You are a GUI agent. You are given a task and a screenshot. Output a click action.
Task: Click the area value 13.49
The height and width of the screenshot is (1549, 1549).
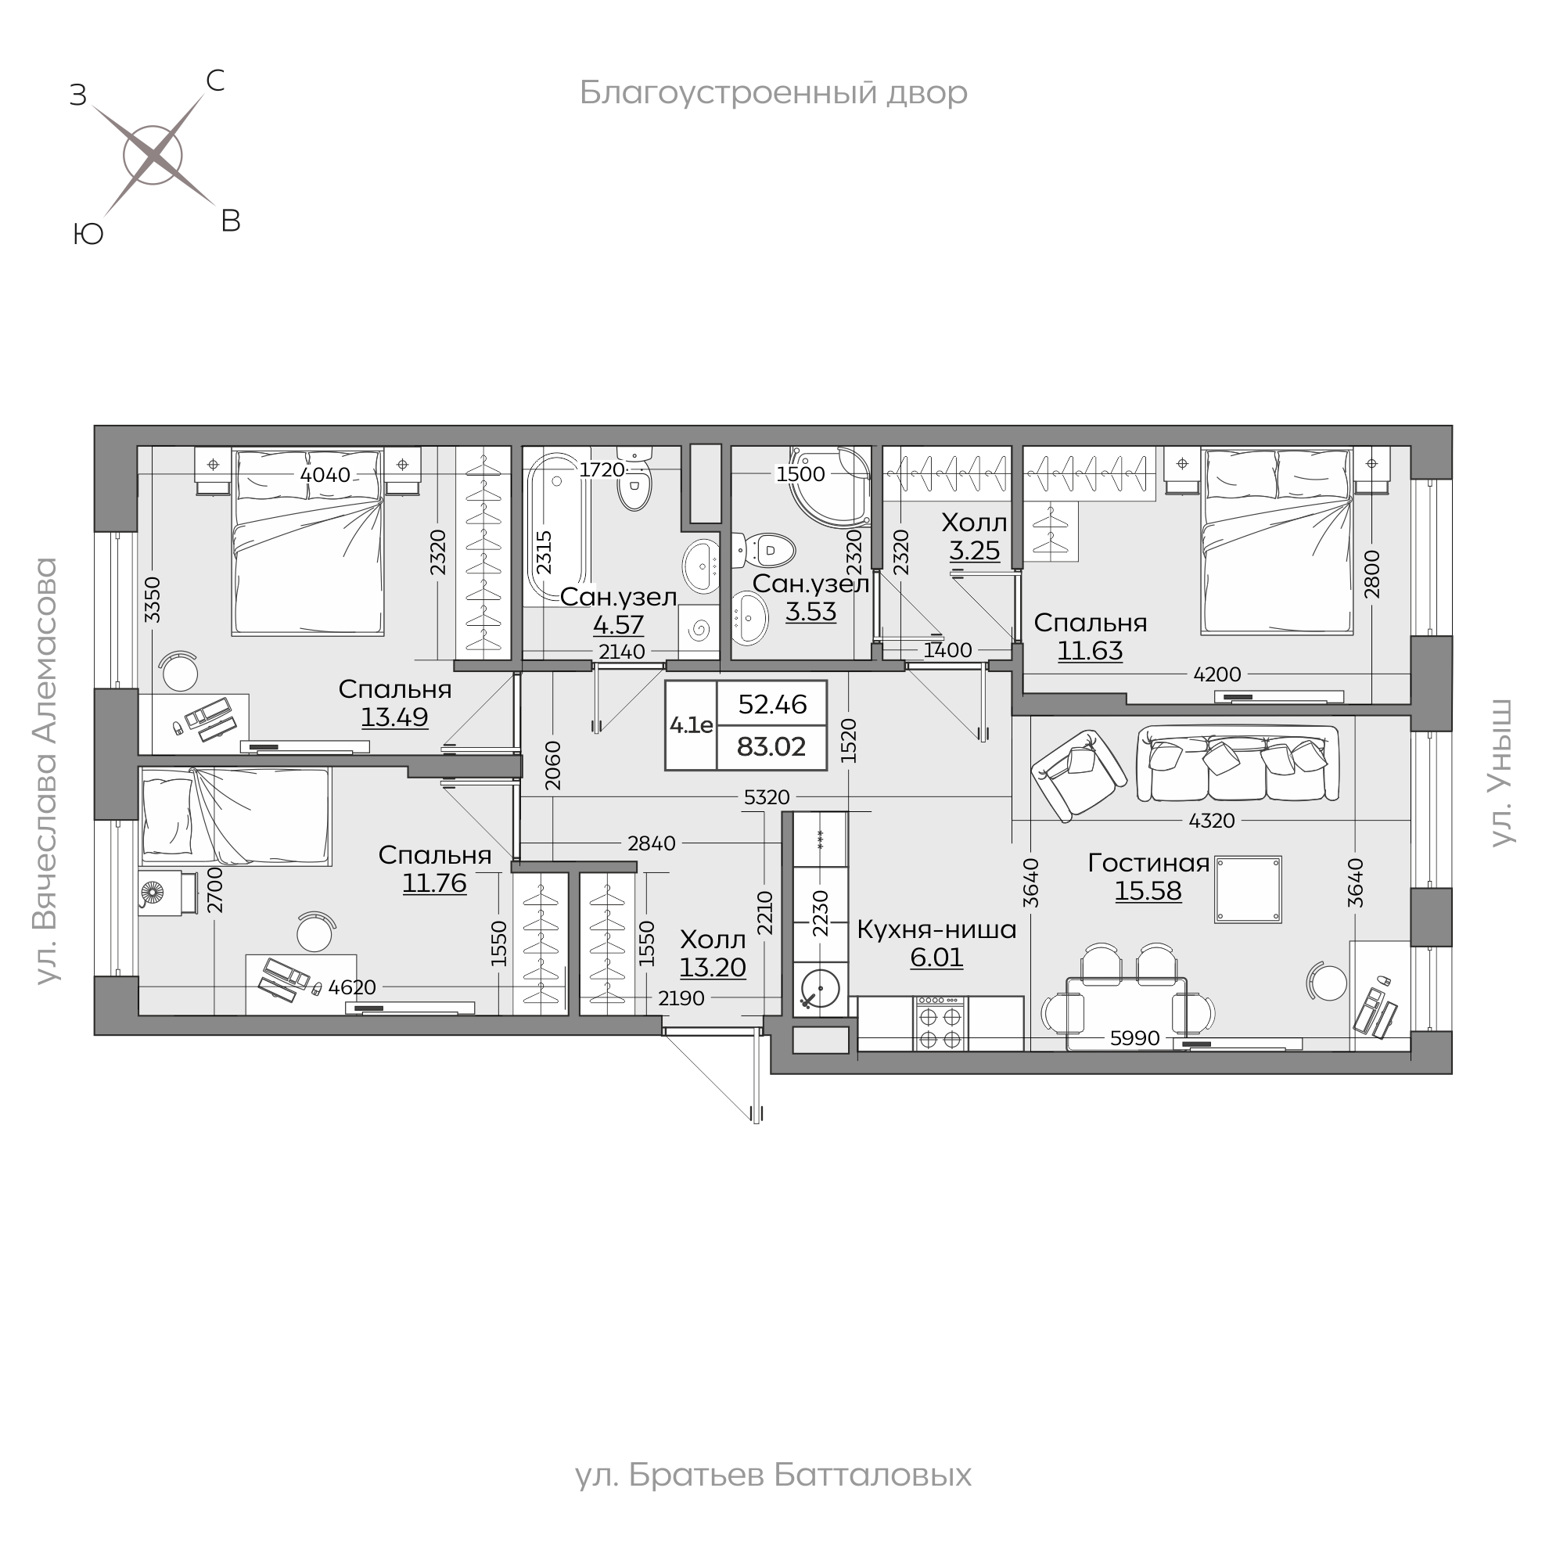pyautogui.click(x=394, y=717)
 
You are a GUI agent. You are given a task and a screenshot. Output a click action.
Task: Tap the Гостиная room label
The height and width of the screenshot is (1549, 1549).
pyautogui.click(x=1148, y=863)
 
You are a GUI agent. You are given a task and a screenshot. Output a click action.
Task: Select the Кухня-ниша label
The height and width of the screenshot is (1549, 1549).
pyautogui.click(x=936, y=929)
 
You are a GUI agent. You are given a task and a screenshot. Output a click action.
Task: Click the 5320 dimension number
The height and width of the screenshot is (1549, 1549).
pyautogui.click(x=767, y=797)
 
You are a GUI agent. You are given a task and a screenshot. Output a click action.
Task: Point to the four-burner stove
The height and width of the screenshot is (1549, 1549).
pyautogui.click(x=940, y=1023)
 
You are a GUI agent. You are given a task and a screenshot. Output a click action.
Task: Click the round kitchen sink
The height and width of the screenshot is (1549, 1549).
pyautogui.click(x=820, y=990)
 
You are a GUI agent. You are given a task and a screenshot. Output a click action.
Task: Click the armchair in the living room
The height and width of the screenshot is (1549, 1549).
pyautogui.click(x=1078, y=774)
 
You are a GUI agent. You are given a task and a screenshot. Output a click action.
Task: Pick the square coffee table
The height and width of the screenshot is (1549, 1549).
pyautogui.click(x=1248, y=890)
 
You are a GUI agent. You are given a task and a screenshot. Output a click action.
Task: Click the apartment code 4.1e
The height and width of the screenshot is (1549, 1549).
pyautogui.click(x=691, y=725)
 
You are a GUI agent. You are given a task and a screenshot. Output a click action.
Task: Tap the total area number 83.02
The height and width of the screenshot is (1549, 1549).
pyautogui.click(x=771, y=746)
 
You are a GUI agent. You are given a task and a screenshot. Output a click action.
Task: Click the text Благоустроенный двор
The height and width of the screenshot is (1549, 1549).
pyautogui.click(x=774, y=93)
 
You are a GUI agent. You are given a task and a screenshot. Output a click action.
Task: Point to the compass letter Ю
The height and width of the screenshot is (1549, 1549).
pyautogui.click(x=88, y=234)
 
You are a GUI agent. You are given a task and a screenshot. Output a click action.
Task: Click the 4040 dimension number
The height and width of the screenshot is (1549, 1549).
pyautogui.click(x=325, y=475)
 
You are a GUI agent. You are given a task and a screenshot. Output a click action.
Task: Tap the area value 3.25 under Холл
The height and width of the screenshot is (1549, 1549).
pyautogui.click(x=975, y=551)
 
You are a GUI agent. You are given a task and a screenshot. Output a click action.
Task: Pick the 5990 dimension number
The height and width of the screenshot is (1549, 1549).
pyautogui.click(x=1134, y=1038)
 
